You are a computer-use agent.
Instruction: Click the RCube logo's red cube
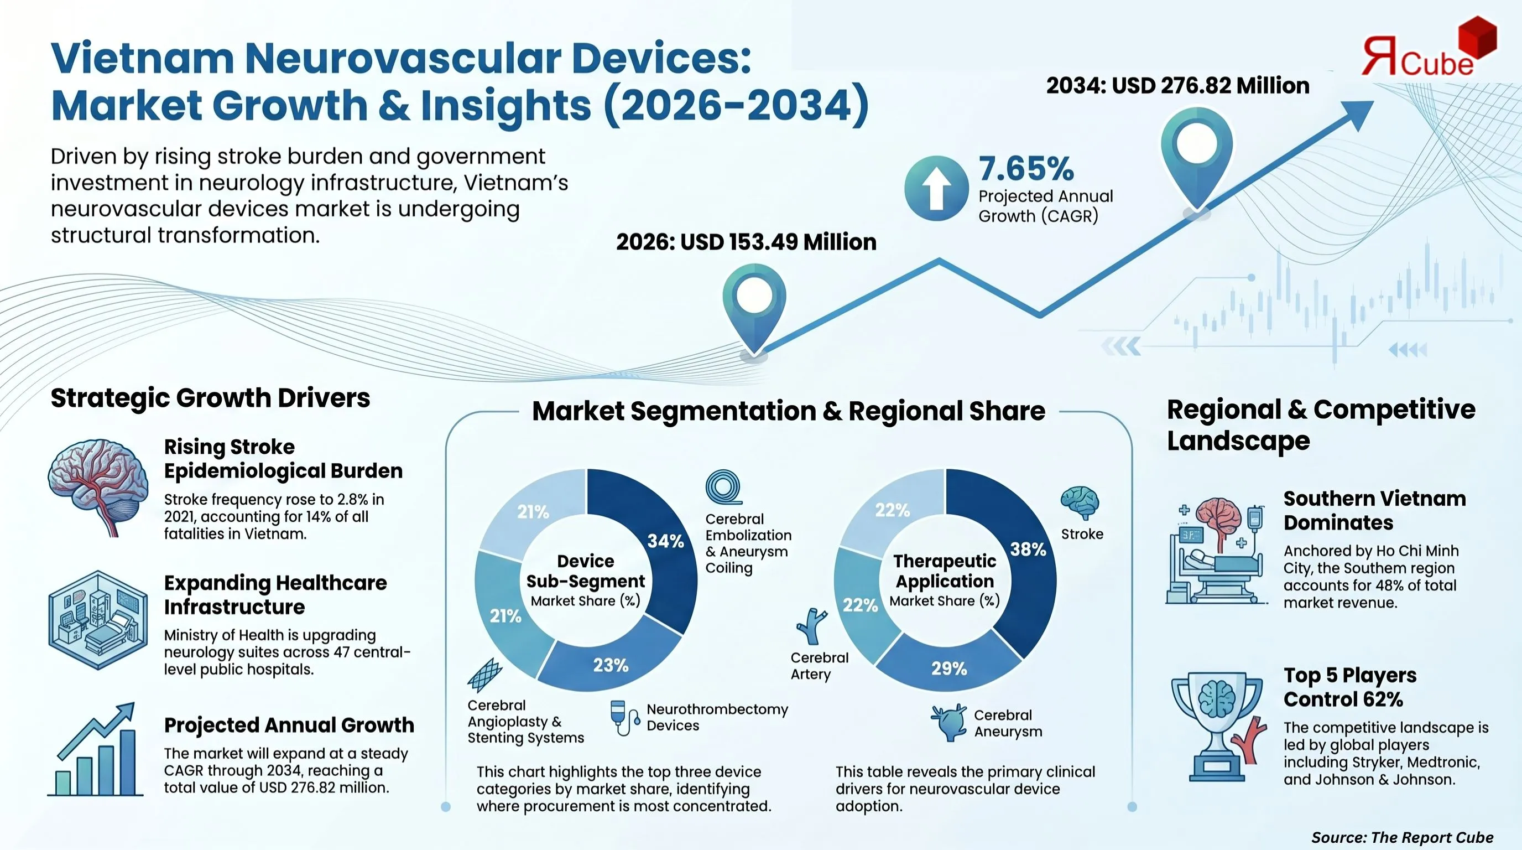tap(1477, 35)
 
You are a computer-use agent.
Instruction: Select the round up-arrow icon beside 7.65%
tap(936, 188)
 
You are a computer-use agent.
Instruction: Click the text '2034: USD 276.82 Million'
tap(1177, 86)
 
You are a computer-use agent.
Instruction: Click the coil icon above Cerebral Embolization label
tap(723, 487)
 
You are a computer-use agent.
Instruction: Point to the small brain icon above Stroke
tap(1080, 503)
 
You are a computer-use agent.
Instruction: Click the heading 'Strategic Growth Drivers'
tap(210, 398)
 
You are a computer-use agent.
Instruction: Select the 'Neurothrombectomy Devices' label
tap(717, 717)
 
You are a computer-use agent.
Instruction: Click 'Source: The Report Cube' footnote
tap(1402, 837)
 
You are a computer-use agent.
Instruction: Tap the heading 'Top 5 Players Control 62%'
tap(1349, 687)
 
